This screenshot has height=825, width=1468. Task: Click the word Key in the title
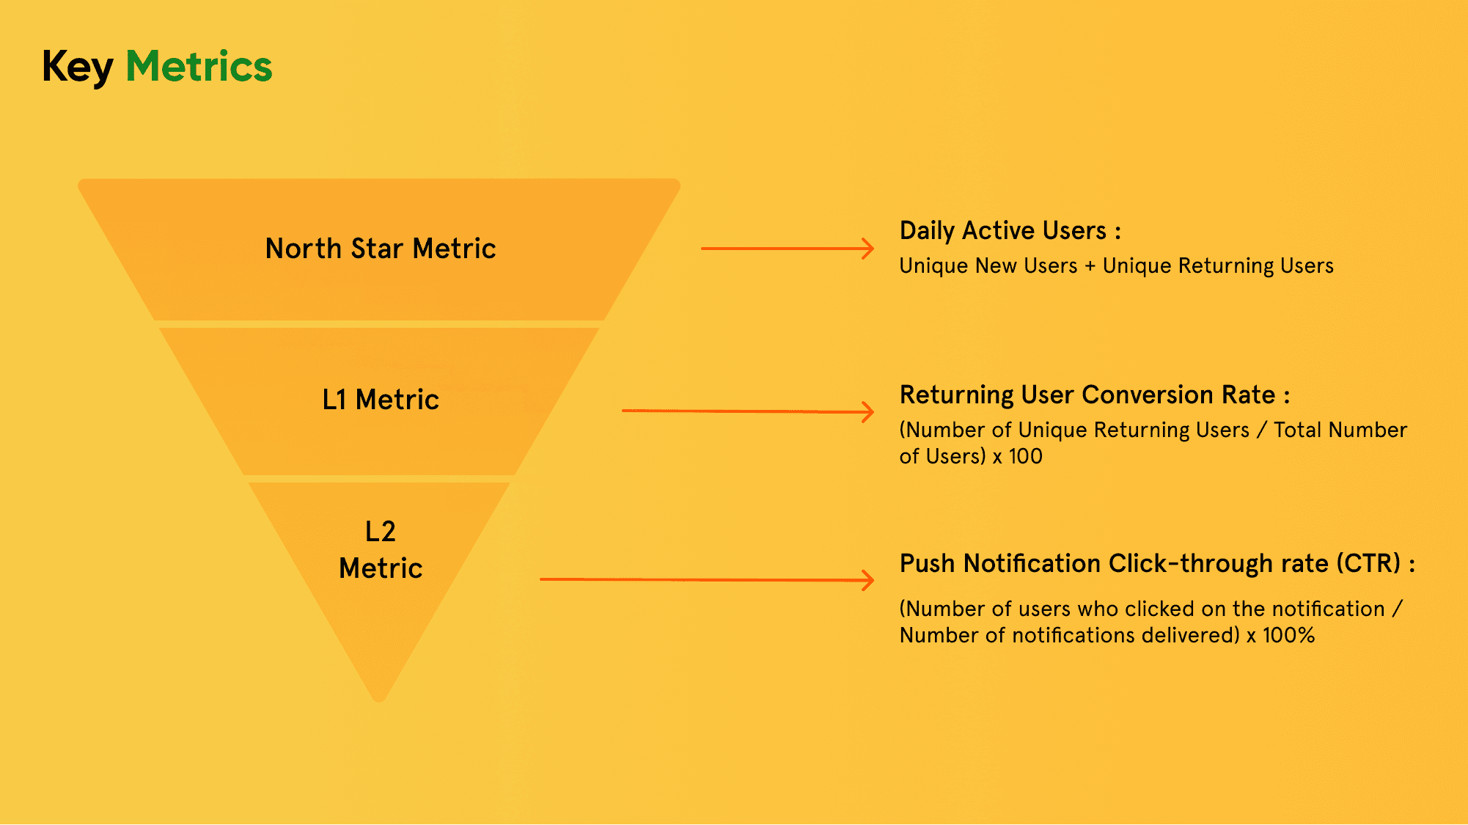pos(78,67)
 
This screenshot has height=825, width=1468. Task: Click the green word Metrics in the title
pos(199,66)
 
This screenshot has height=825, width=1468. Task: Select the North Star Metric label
pos(381,249)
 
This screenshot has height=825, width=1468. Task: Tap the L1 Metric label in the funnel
pos(381,400)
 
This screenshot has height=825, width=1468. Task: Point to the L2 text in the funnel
pos(381,531)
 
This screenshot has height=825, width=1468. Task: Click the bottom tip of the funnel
pos(379,701)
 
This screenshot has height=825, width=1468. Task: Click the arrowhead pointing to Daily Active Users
pos(867,249)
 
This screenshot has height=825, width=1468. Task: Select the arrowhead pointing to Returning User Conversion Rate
pos(867,412)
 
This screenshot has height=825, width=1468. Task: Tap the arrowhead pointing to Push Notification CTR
pos(867,581)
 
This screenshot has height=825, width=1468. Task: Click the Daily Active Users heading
pos(1010,231)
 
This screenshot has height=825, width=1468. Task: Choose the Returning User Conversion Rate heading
pos(1095,395)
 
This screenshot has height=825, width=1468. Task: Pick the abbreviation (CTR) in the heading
pos(1368,563)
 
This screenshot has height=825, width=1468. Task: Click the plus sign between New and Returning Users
pos(1090,266)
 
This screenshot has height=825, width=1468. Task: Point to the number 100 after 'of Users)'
pos(1025,456)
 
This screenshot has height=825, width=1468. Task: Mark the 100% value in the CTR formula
pos(1288,635)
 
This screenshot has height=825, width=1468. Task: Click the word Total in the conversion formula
pos(1297,430)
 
